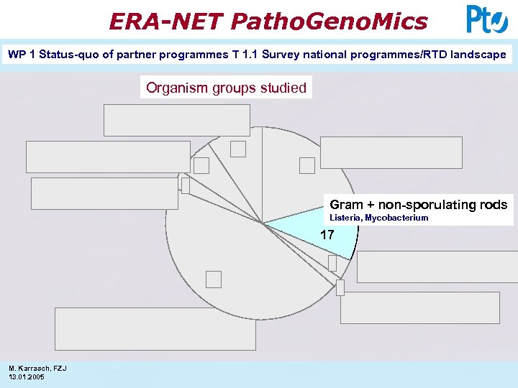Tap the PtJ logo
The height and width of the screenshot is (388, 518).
[486, 19]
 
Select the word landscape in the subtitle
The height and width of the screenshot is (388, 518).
[477, 54]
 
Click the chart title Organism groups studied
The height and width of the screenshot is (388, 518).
[226, 88]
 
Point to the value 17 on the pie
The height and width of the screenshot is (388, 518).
[327, 235]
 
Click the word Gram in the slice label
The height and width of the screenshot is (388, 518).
[346, 205]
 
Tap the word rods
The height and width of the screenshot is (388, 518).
[494, 205]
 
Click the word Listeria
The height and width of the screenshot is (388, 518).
[345, 218]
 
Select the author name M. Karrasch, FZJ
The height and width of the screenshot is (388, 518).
[37, 368]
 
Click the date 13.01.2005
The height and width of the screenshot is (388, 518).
[27, 377]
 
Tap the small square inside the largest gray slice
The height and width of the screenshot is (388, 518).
[214, 279]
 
